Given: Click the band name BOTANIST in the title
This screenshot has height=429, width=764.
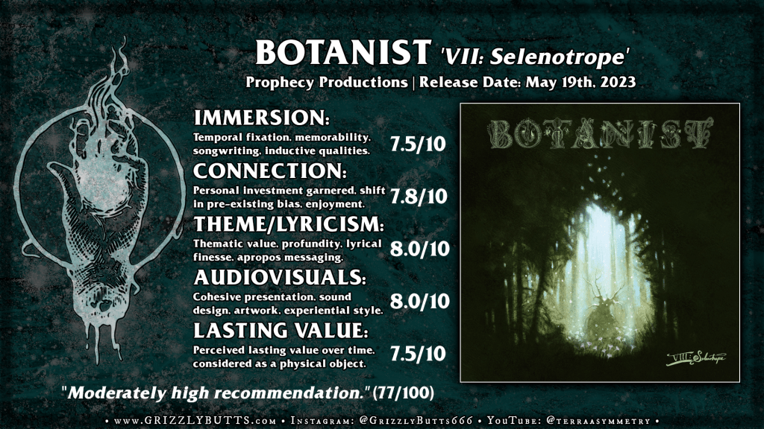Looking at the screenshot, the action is coord(343,53).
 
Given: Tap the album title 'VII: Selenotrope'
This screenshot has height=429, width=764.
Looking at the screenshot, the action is coord(534,57).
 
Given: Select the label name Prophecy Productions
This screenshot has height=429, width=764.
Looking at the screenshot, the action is coord(327,82).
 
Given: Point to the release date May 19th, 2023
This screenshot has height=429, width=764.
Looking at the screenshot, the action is coord(580,82).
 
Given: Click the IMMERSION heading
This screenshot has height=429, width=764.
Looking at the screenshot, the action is coord(262,118).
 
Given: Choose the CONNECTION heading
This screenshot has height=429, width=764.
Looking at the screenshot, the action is coord(270,171).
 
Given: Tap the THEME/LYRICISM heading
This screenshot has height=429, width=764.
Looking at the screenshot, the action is coord(289,224).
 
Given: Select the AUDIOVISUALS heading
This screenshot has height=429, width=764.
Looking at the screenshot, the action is coord(280,277).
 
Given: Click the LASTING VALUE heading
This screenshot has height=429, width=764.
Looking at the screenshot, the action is coord(281,331).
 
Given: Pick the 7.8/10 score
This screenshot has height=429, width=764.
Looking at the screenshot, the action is coord(419,196).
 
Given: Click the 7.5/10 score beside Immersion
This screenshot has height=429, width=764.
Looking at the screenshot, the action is coord(418,144).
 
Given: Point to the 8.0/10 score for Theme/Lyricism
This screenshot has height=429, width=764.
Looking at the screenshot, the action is coord(419,249).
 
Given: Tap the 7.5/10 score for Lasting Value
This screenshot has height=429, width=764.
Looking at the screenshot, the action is coord(418,354).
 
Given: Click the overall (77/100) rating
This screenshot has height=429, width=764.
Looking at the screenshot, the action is coord(403,393).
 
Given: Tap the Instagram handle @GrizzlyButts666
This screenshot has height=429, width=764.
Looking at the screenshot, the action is coord(416,421).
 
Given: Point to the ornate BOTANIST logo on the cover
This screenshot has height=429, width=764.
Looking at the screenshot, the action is coord(601,134).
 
